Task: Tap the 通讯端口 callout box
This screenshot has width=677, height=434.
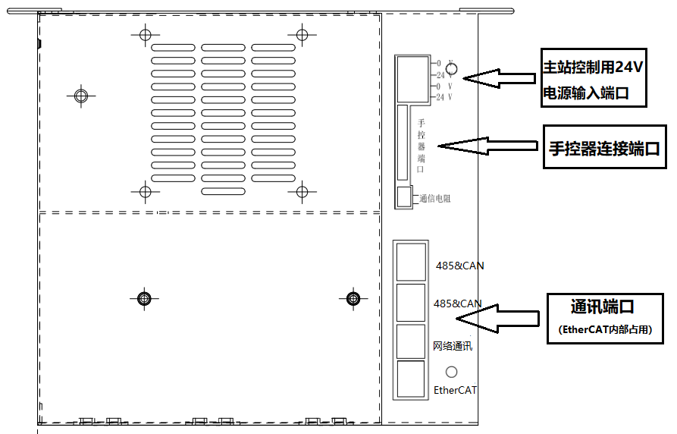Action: tap(603, 316)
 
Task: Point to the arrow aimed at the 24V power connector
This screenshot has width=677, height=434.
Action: tap(500, 77)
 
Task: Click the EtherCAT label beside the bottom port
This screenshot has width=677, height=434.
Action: tap(456, 391)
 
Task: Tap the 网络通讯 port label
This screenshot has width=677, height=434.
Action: tap(453, 346)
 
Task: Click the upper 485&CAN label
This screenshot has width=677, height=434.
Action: tap(459, 266)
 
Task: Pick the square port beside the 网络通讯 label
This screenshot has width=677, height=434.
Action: tap(411, 341)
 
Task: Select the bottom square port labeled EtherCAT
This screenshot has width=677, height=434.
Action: tap(411, 379)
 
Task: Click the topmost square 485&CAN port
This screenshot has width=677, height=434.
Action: tap(411, 262)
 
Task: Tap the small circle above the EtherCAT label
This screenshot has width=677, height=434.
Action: tap(452, 372)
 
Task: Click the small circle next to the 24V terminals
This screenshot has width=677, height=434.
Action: tap(452, 70)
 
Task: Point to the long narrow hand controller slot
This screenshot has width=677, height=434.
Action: tap(402, 144)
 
